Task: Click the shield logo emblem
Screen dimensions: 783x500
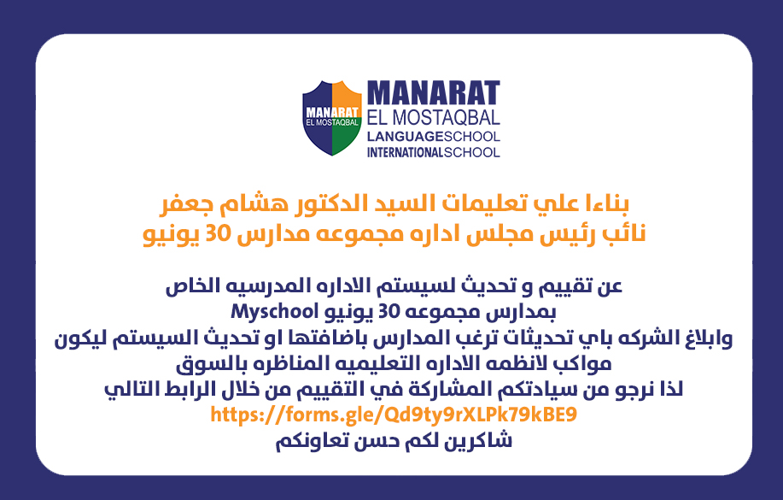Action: click(331, 118)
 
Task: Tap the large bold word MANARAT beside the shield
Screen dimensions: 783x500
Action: click(434, 93)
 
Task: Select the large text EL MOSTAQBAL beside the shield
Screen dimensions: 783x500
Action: click(434, 118)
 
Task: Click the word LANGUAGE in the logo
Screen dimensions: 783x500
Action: click(405, 137)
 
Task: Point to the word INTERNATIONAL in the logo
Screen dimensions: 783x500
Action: click(405, 152)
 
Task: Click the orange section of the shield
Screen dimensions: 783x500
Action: click(346, 95)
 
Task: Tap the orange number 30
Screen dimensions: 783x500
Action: click(218, 234)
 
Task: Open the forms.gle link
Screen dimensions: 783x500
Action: click(394, 415)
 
